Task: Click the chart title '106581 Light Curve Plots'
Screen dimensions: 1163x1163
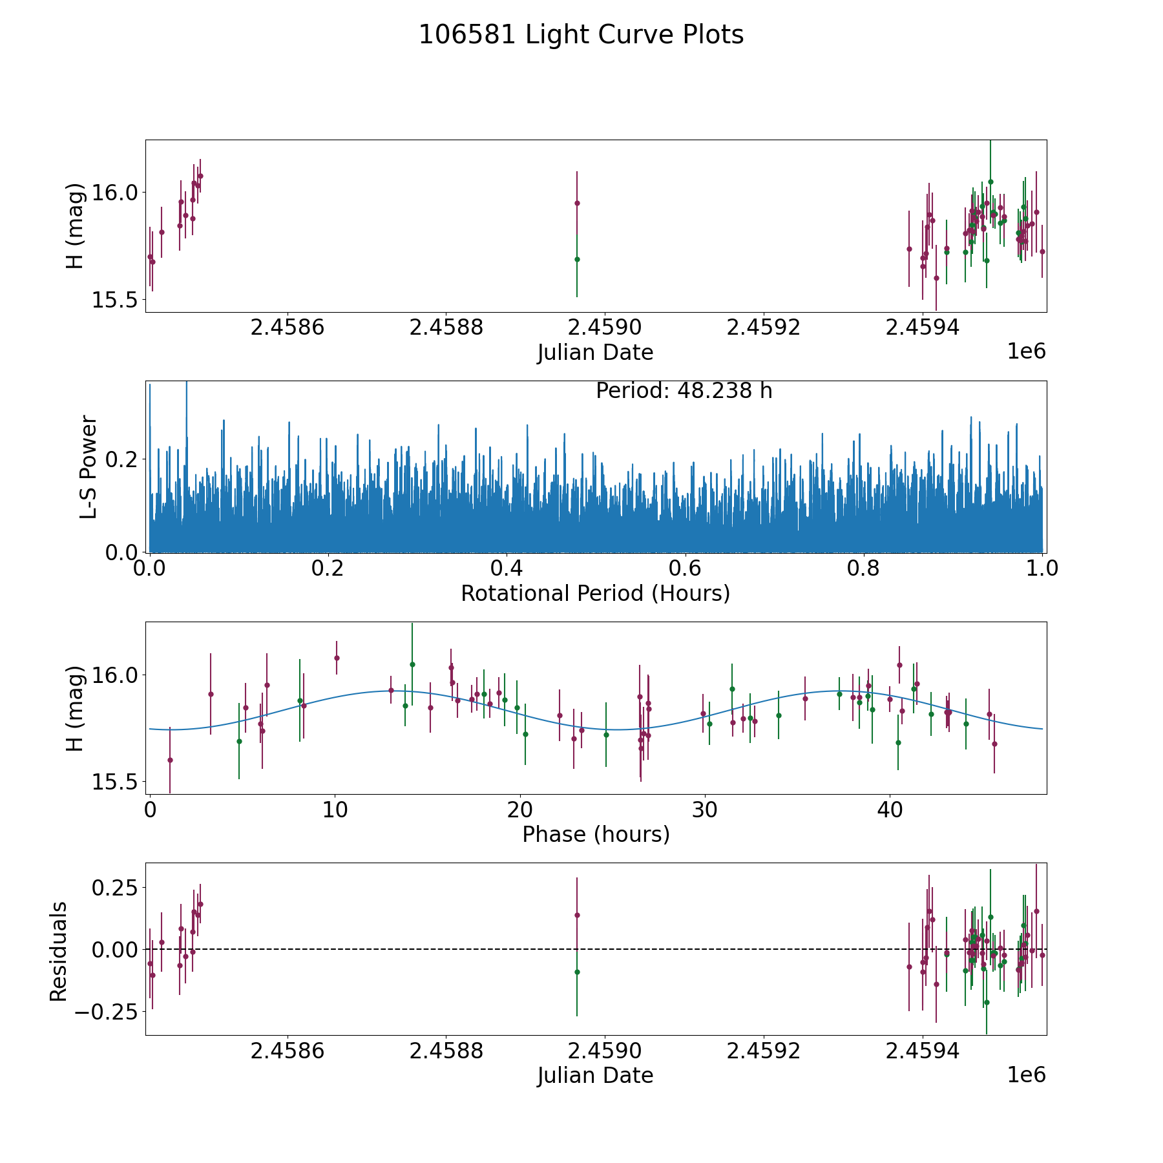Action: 581,35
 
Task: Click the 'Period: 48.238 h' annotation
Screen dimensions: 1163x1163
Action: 684,391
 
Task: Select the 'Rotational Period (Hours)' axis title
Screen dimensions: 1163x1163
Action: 595,593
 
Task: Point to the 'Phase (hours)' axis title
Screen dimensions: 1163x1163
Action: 595,834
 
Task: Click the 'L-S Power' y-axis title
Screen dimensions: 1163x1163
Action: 89,466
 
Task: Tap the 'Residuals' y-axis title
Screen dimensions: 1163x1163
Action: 59,952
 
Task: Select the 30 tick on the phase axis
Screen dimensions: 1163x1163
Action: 704,810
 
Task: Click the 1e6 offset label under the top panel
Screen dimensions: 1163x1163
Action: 1026,351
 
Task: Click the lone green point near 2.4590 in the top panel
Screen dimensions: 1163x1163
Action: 577,259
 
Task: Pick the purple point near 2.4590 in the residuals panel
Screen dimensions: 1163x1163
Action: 577,915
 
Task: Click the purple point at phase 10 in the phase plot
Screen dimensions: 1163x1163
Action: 337,658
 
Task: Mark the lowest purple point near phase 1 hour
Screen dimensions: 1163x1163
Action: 170,760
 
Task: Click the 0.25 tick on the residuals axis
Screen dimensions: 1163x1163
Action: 111,888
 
